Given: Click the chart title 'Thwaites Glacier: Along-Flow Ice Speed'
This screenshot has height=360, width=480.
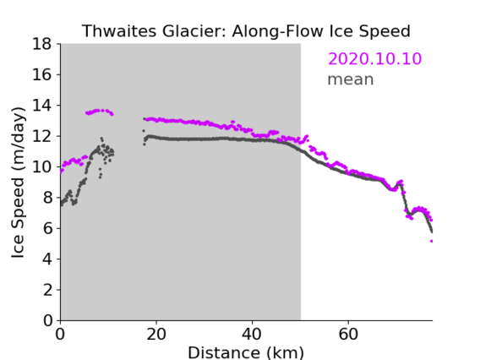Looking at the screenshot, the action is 246,31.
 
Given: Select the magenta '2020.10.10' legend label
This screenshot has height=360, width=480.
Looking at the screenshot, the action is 374,58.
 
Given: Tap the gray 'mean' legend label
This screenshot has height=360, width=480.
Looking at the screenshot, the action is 351,79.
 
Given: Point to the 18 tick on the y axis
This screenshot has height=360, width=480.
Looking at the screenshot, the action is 42,44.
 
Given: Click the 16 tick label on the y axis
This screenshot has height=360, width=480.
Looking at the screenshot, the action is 42,74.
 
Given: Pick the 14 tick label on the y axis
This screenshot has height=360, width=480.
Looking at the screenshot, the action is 42,106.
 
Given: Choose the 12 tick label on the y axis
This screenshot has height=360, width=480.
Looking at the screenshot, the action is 42,136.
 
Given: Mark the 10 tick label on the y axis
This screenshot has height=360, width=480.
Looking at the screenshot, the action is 42,166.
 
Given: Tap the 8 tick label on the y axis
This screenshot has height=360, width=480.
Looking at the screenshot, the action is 47,198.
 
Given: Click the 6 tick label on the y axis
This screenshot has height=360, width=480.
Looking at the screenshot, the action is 47,228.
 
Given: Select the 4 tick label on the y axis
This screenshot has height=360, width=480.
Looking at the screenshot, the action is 47,259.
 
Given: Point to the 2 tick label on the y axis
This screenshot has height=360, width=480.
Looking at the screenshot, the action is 47,290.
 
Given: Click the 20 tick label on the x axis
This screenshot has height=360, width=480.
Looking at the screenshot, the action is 156,334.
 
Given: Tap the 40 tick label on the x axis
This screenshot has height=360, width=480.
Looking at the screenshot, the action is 252,334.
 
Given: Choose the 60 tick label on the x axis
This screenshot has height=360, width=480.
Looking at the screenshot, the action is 348,334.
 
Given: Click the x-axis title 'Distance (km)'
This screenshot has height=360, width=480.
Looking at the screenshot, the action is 246,353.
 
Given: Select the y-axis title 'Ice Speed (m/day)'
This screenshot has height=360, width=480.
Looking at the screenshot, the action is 18,183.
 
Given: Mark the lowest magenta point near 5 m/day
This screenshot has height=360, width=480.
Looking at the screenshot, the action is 432,241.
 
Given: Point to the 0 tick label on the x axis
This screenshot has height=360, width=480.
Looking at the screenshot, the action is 60,334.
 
